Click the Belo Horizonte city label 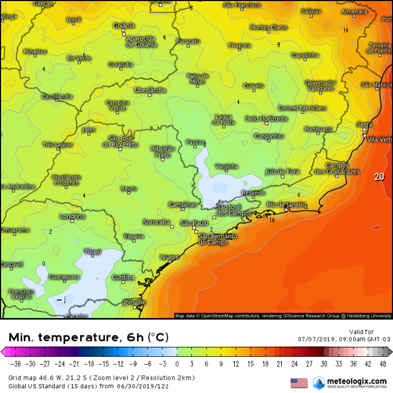point(267,119)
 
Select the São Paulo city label point(194,223)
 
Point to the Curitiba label point(124,277)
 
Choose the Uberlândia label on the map point(150,90)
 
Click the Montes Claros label point(269,27)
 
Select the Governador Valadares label point(320,86)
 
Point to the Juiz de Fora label point(282,171)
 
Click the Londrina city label point(72,216)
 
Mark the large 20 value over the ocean point(379,177)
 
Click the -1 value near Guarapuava point(61,300)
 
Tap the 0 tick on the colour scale point(177,364)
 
